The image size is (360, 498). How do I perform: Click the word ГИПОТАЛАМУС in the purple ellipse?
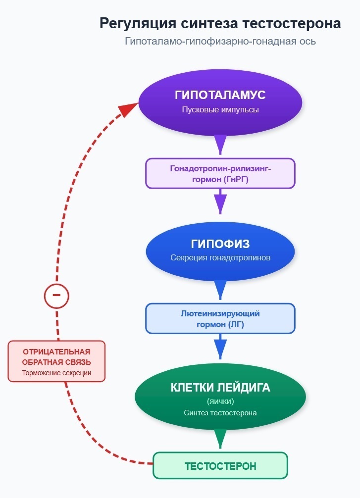[x=220, y=95]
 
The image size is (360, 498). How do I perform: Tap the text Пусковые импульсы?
[x=220, y=109]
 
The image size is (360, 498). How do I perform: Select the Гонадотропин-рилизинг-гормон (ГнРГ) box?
[x=220, y=173]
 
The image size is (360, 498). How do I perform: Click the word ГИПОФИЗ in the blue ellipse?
[x=220, y=244]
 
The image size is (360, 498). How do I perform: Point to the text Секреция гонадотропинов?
[x=220, y=258]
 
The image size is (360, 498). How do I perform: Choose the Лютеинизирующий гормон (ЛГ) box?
[x=220, y=318]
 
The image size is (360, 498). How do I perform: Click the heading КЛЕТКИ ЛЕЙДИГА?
[x=220, y=388]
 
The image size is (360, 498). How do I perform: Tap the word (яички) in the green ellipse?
[x=220, y=401]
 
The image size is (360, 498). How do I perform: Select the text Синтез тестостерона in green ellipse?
[x=220, y=412]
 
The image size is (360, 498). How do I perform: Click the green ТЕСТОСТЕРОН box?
[x=220, y=466]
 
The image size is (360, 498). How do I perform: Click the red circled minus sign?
[x=56, y=296]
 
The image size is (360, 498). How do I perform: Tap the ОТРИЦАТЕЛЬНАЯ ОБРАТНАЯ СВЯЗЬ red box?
[x=56, y=361]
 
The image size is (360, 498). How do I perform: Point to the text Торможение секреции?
[x=56, y=373]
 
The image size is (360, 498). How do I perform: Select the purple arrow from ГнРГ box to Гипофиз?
[x=220, y=202]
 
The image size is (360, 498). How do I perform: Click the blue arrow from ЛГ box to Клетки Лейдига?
[x=220, y=348]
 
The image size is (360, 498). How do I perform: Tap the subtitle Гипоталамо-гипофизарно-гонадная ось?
[x=220, y=42]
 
